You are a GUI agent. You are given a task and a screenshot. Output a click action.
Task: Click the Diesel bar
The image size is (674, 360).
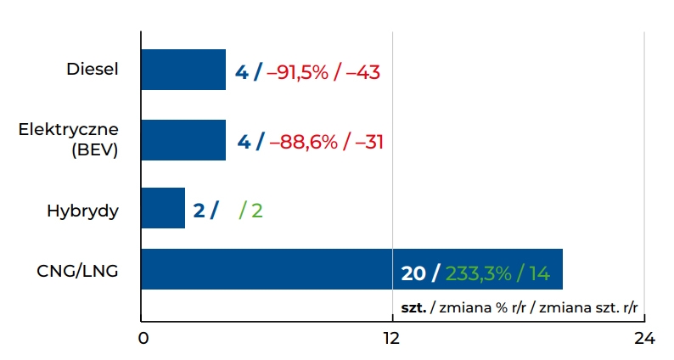tap(183, 70)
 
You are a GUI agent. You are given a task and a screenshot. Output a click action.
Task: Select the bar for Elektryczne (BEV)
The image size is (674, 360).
tap(183, 140)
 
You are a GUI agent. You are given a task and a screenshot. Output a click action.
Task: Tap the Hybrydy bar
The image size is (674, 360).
tap(162, 208)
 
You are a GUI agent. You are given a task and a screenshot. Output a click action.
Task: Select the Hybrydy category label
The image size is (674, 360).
tap(82, 211)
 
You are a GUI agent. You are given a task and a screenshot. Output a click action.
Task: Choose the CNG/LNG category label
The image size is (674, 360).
tap(77, 272)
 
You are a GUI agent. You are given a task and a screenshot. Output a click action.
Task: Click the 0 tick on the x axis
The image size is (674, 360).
tap(143, 339)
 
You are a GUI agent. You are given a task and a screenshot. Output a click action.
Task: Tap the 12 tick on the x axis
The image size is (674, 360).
tap(391, 339)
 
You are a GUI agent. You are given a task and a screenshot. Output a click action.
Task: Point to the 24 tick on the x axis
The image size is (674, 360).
tap(643, 339)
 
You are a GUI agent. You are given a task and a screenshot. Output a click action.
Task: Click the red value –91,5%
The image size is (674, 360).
tap(297, 72)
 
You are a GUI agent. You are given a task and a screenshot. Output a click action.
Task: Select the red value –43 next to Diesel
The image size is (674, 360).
tap(362, 72)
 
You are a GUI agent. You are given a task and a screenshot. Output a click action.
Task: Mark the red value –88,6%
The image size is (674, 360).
tap(303, 142)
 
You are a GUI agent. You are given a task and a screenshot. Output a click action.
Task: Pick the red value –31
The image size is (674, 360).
tap(369, 142)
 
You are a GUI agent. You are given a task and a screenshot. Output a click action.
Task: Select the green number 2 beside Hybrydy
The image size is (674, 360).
tap(256, 210)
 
